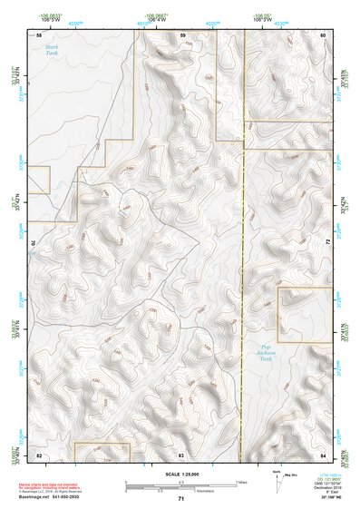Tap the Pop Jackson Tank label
[x=263, y=353]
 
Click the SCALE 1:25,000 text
[x=180, y=473]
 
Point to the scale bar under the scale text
[x=180, y=484]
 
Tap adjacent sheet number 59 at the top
[x=182, y=34]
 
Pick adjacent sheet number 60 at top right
[x=324, y=34]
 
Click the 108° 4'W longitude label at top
[x=160, y=20]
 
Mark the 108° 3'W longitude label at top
[x=263, y=20]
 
